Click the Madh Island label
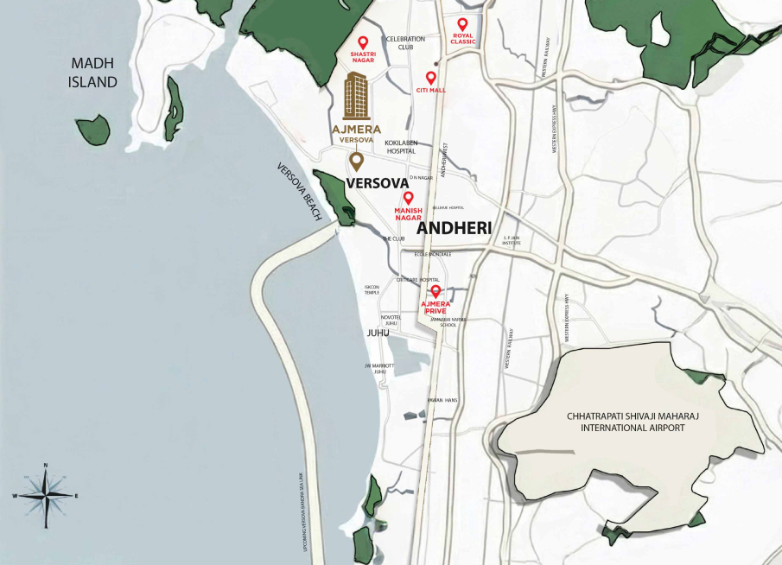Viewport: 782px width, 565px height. click(94, 73)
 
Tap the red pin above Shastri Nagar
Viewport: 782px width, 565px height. click(363, 42)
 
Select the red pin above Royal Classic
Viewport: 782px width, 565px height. click(462, 24)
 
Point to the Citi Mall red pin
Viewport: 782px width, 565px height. click(430, 78)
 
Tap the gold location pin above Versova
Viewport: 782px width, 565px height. click(356, 162)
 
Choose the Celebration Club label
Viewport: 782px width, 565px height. click(406, 43)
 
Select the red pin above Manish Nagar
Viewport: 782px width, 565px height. click(408, 198)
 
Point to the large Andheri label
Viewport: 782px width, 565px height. click(455, 228)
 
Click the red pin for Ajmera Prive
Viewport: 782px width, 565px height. click(436, 292)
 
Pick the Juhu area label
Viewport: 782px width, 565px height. click(378, 333)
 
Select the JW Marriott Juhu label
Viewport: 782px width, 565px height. click(379, 369)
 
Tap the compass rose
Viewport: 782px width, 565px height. click(46, 495)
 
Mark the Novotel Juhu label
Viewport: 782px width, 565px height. click(391, 320)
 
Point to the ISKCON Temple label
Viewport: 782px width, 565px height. click(372, 289)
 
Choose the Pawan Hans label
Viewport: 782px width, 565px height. click(442, 400)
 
